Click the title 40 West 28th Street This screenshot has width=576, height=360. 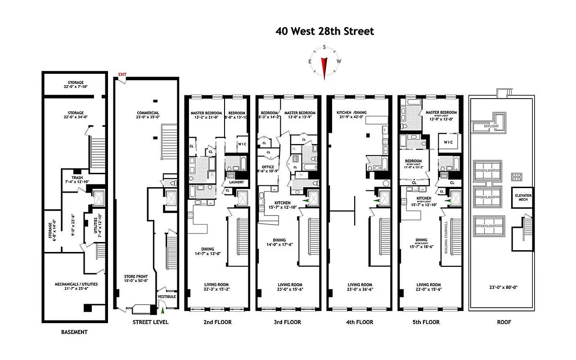[325, 31]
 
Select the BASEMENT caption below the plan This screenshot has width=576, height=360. [74, 332]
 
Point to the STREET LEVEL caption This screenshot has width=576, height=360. [150, 322]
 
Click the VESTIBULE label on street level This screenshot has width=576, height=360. [167, 297]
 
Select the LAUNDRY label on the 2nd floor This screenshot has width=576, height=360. [236, 182]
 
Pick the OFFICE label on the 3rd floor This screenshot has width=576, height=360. [268, 167]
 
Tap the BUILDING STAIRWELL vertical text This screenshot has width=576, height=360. [446, 238]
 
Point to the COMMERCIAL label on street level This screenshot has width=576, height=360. [148, 112]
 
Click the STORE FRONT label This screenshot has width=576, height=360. [136, 276]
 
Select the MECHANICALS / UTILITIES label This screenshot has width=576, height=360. [76, 284]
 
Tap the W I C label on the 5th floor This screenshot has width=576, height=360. [448, 142]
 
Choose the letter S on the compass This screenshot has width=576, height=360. [324, 47]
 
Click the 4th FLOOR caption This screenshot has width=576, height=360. [358, 322]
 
